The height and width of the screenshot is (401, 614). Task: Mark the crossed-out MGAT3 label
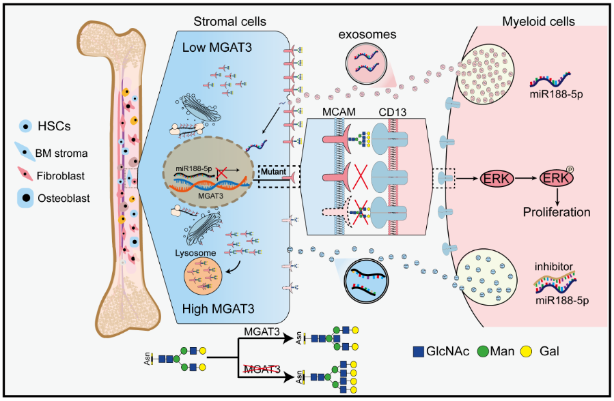[x=262, y=369]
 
